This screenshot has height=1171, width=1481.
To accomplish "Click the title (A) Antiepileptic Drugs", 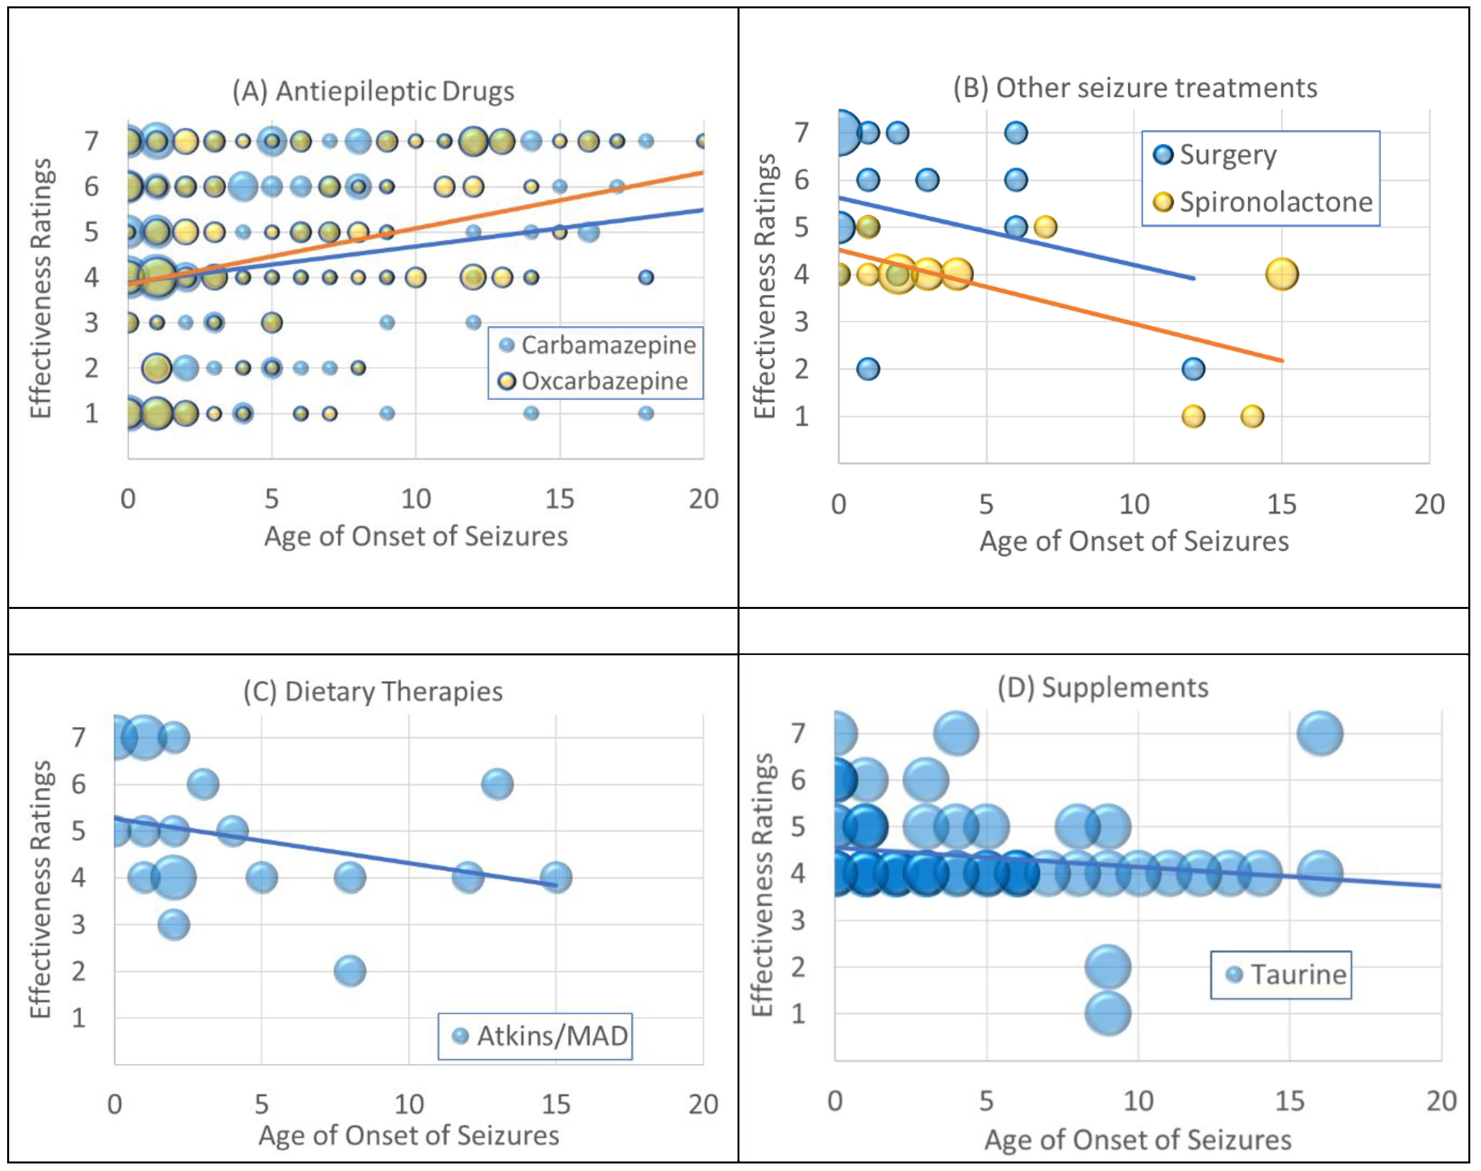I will (373, 91).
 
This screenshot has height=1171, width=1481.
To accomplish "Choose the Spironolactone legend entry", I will (1263, 202).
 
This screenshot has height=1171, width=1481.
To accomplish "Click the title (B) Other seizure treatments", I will (1135, 88).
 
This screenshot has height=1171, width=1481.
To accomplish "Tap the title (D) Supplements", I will (1103, 687).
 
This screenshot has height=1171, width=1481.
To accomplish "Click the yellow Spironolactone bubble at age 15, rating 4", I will (1281, 274).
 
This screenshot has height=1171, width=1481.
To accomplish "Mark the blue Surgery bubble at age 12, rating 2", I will (1193, 369).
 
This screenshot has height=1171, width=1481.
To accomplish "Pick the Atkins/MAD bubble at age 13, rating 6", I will (497, 784).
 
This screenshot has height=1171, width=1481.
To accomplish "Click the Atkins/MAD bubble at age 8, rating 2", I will (350, 971).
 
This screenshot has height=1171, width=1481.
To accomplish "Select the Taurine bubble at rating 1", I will (1107, 1013).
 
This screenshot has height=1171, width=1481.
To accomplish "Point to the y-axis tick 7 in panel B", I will (801, 132).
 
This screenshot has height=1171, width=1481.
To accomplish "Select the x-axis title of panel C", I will (408, 1135).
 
